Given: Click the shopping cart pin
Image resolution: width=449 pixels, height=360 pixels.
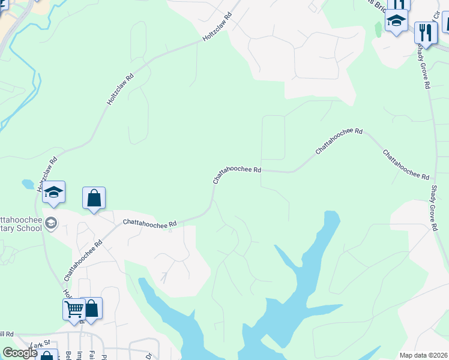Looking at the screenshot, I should [x=74, y=310].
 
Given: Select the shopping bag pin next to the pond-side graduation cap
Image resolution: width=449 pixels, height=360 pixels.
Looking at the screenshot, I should [x=94, y=198].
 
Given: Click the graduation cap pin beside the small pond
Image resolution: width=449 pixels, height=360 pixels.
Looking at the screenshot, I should [x=53, y=192].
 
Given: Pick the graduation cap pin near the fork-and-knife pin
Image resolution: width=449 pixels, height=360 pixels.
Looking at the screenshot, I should [x=396, y=21].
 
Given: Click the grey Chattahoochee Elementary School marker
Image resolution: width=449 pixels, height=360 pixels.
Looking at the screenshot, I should [x=51, y=223].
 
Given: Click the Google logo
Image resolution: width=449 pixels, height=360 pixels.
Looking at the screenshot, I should [x=20, y=353].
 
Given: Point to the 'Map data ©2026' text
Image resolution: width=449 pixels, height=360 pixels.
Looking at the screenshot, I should [x=423, y=355].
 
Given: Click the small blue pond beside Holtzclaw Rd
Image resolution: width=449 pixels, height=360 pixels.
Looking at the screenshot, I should [x=28, y=184].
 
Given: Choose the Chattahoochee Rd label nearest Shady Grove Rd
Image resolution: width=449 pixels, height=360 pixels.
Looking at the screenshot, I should [x=408, y=165].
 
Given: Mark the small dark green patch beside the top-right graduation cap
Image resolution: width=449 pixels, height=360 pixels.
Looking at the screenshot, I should [x=378, y=29].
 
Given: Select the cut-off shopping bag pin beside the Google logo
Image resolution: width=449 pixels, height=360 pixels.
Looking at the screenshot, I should [x=47, y=355].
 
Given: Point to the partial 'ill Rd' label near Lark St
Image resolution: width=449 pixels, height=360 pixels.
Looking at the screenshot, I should [x=7, y=334].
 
